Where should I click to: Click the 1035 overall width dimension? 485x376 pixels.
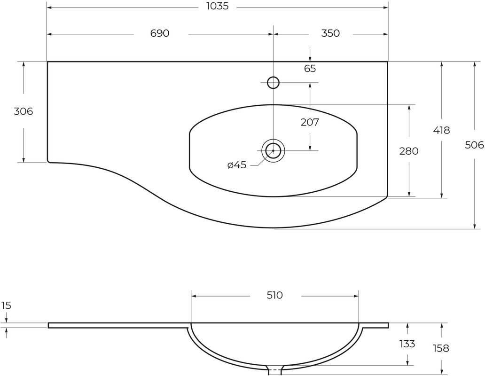(x=218, y=6)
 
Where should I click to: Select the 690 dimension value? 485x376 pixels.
(x=160, y=33)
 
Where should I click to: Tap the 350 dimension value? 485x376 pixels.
(x=330, y=33)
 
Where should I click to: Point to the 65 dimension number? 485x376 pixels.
(x=310, y=68)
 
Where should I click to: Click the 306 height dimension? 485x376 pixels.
(x=23, y=111)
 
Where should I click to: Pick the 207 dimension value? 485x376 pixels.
(x=310, y=123)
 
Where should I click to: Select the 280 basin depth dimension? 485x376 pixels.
(x=408, y=151)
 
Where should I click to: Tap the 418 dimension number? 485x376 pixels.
(x=441, y=131)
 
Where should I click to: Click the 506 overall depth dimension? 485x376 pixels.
(x=474, y=145)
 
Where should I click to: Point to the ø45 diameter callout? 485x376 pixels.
(x=237, y=165)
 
